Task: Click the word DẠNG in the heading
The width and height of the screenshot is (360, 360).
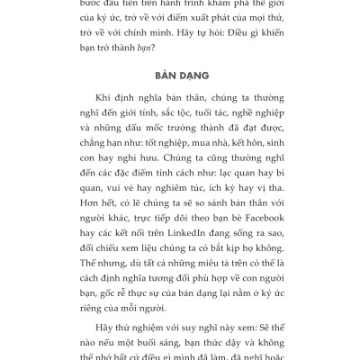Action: click(x=193, y=75)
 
